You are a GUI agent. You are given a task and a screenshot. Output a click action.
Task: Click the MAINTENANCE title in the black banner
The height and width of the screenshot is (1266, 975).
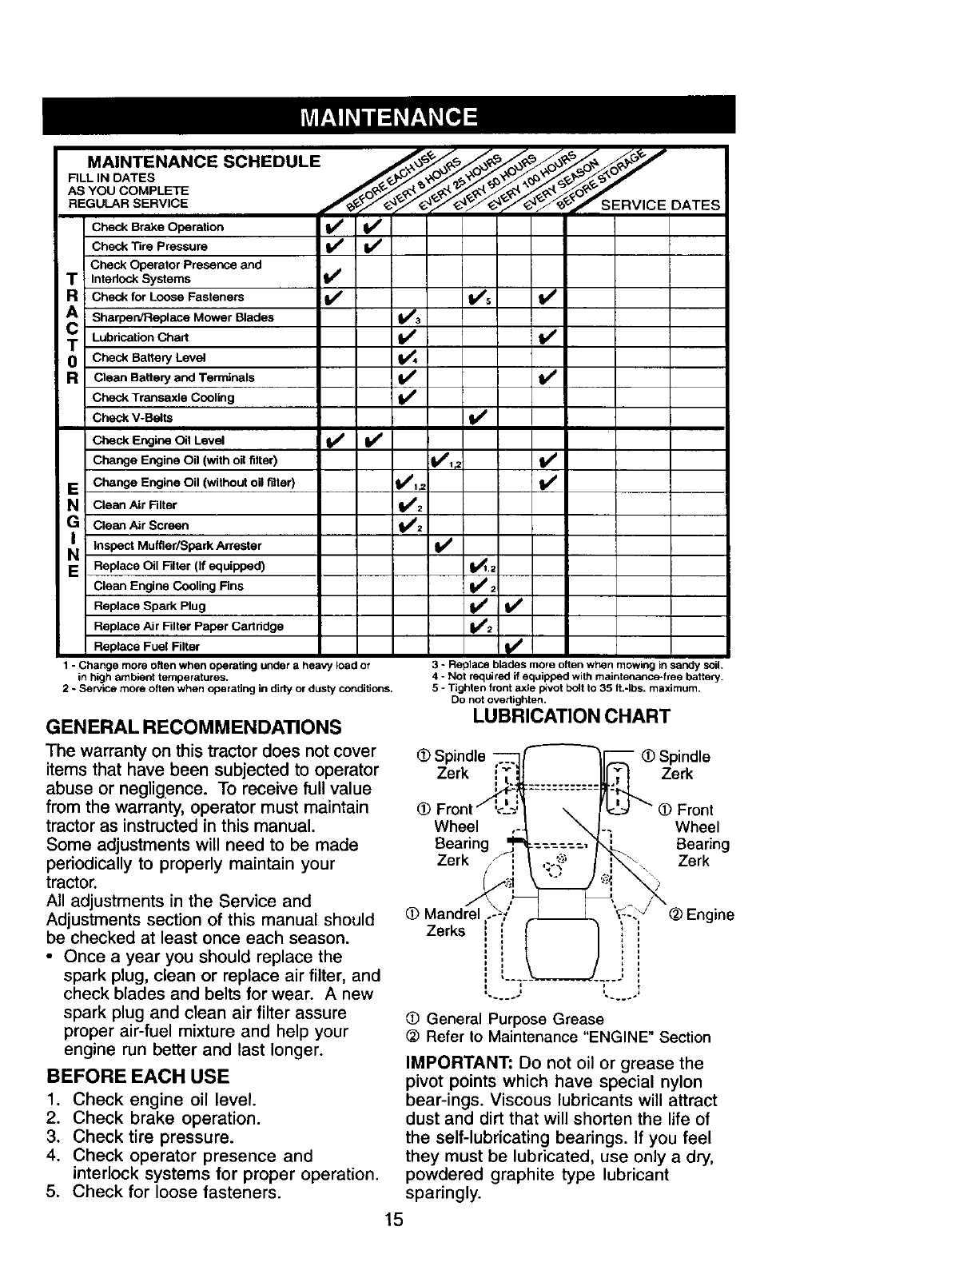(388, 117)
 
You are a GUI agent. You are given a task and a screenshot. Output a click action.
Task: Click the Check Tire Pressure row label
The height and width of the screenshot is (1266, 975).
(149, 246)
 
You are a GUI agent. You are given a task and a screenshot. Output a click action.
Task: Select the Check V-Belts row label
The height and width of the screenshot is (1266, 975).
(133, 418)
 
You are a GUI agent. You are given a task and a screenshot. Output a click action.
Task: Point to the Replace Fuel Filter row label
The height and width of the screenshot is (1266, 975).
(146, 646)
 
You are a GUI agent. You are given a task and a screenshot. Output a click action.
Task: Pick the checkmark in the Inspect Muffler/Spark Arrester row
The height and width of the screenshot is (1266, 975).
(444, 545)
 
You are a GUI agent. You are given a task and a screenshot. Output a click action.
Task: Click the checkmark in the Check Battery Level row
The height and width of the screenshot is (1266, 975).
(408, 357)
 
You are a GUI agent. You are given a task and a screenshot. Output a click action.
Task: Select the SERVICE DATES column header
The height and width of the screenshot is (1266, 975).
(660, 205)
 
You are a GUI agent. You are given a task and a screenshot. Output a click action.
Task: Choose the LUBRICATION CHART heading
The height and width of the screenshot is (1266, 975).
(571, 715)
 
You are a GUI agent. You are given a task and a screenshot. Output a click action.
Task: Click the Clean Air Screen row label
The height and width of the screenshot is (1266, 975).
(141, 525)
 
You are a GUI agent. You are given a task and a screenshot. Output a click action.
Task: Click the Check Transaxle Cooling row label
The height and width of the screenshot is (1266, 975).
(164, 397)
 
